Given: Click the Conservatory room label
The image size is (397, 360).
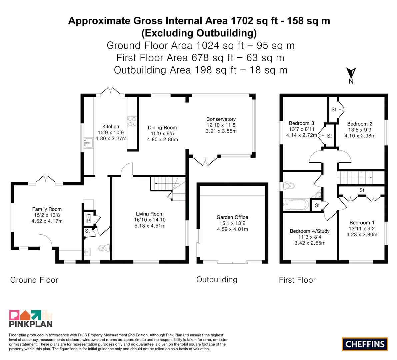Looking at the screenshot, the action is pyautogui.click(x=221, y=119).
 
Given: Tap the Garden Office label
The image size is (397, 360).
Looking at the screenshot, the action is pyautogui.click(x=232, y=217).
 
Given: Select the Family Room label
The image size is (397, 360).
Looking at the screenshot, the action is pyautogui.click(x=47, y=209).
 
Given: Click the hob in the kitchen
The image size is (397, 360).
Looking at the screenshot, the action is pyautogui.click(x=132, y=121).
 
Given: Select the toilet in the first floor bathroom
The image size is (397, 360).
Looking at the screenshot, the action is pyautogui.click(x=289, y=186).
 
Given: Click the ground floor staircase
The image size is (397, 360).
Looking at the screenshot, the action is pyautogui.click(x=168, y=189).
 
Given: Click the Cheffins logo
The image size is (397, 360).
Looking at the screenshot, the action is pyautogui.click(x=365, y=344).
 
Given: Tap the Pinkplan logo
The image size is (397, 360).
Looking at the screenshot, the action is pyautogui.click(x=31, y=318).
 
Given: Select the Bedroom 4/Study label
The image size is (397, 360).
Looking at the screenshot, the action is pyautogui.click(x=310, y=231).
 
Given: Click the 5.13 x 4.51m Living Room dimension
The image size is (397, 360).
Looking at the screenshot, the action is pyautogui.click(x=150, y=226).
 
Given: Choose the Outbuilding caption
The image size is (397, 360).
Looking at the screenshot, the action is pyautogui.click(x=217, y=279).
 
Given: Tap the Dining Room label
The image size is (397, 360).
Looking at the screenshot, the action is pyautogui.click(x=162, y=128).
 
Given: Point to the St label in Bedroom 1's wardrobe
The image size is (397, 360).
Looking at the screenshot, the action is pyautogui.click(x=362, y=190).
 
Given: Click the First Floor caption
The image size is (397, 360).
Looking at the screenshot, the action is pyautogui.click(x=297, y=280).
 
